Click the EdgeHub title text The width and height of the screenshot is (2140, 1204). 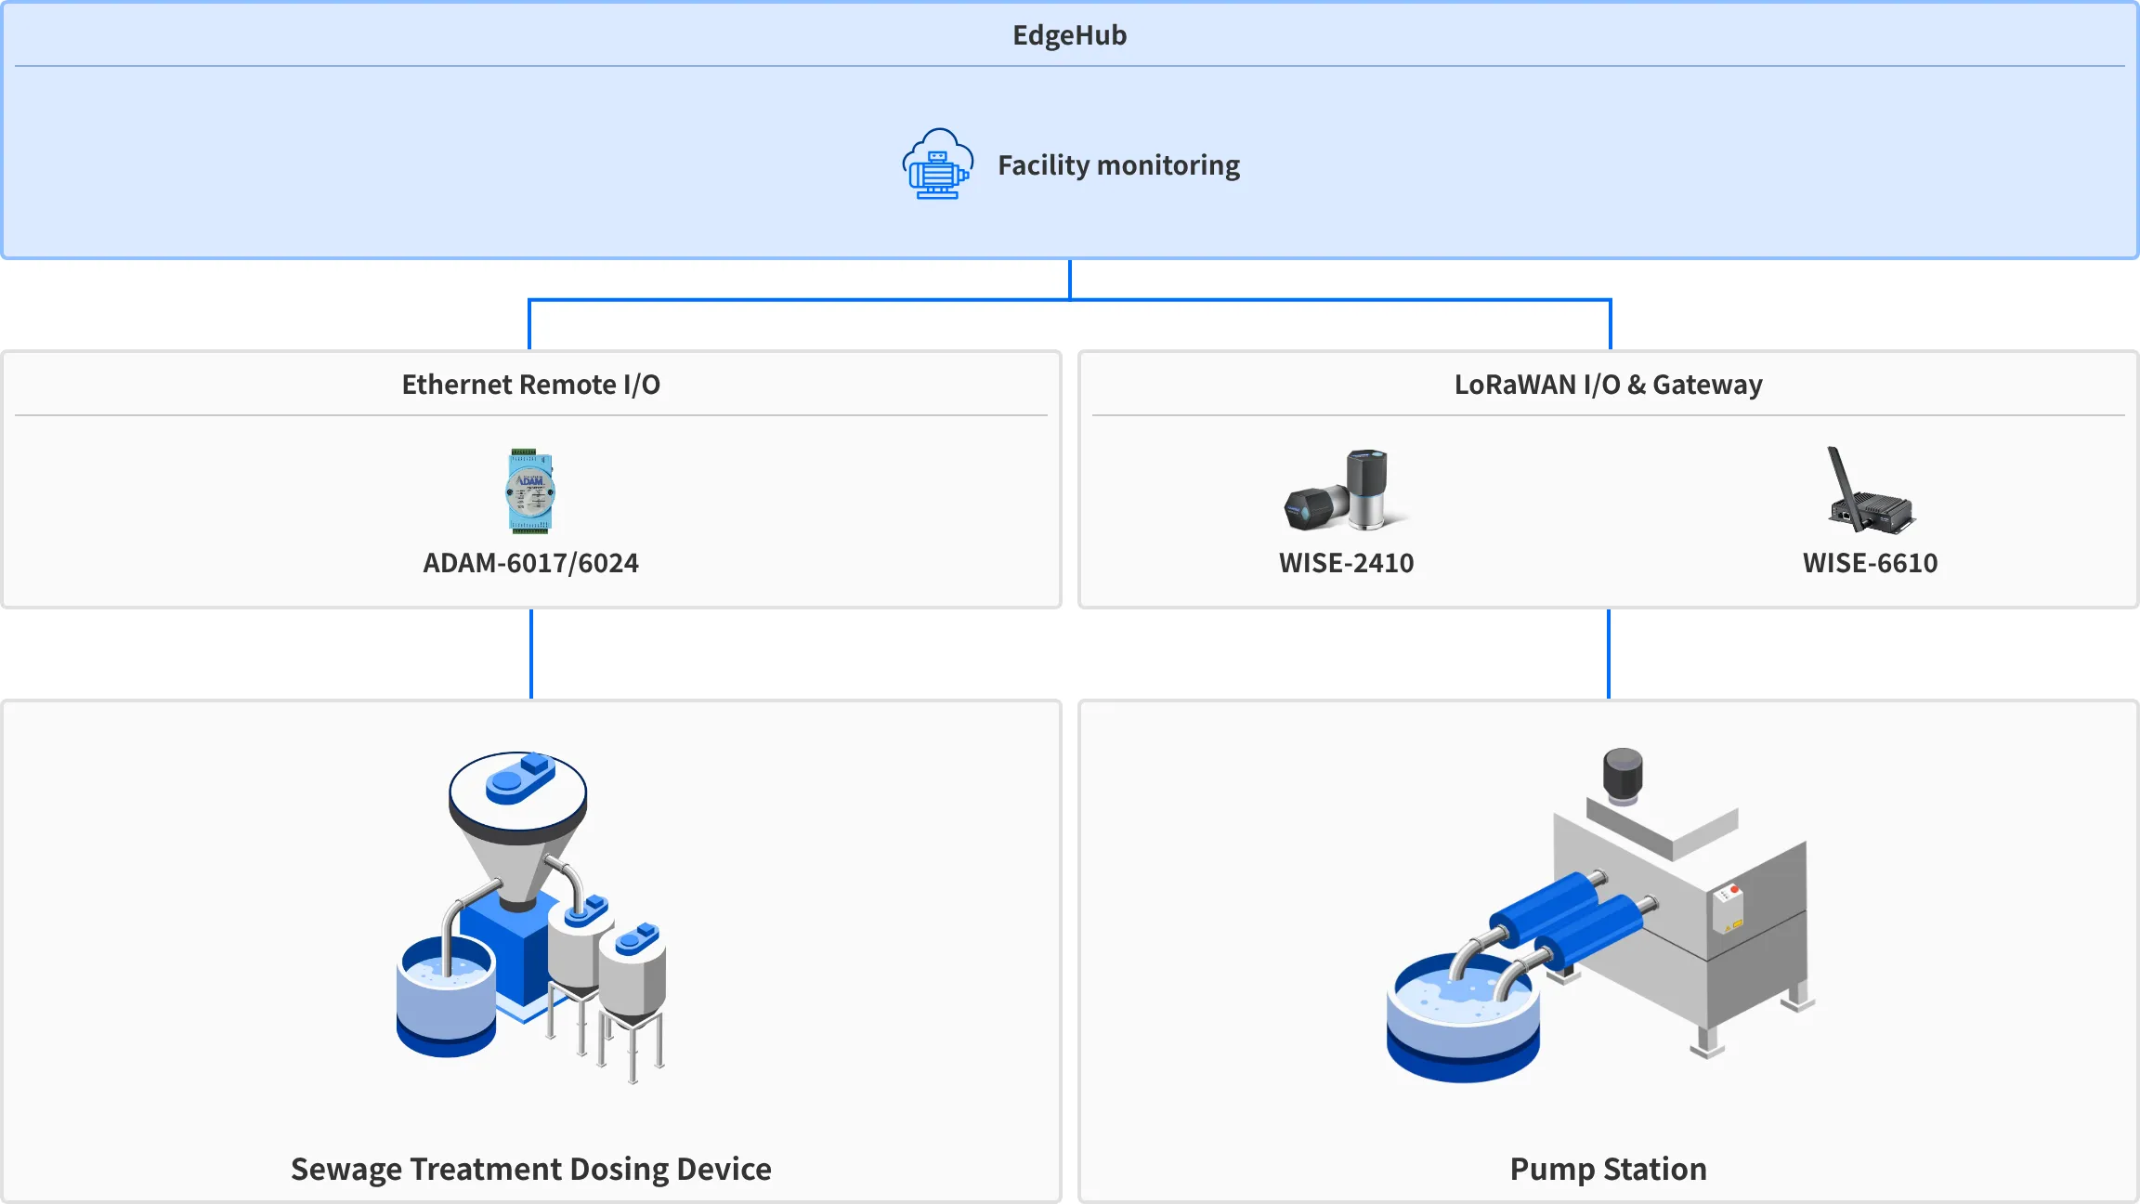(1069, 35)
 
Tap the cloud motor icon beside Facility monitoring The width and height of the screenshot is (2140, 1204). (937, 164)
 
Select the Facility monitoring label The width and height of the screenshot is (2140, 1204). (1118, 165)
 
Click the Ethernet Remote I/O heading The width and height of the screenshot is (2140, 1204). (530, 385)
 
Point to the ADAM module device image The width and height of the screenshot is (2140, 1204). (530, 491)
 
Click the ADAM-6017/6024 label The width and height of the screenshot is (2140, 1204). (530, 563)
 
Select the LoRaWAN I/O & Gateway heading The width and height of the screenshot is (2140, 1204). (1608, 385)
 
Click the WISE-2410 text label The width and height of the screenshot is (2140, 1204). (1346, 563)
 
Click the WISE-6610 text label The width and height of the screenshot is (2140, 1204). (1870, 563)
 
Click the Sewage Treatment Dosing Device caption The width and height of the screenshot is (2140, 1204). (530, 1169)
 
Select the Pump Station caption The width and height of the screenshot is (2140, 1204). (1608, 1169)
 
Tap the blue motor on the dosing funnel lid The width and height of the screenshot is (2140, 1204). (520, 779)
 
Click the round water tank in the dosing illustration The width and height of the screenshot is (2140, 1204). (445, 999)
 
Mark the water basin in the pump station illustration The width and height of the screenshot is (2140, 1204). (1462, 1022)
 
